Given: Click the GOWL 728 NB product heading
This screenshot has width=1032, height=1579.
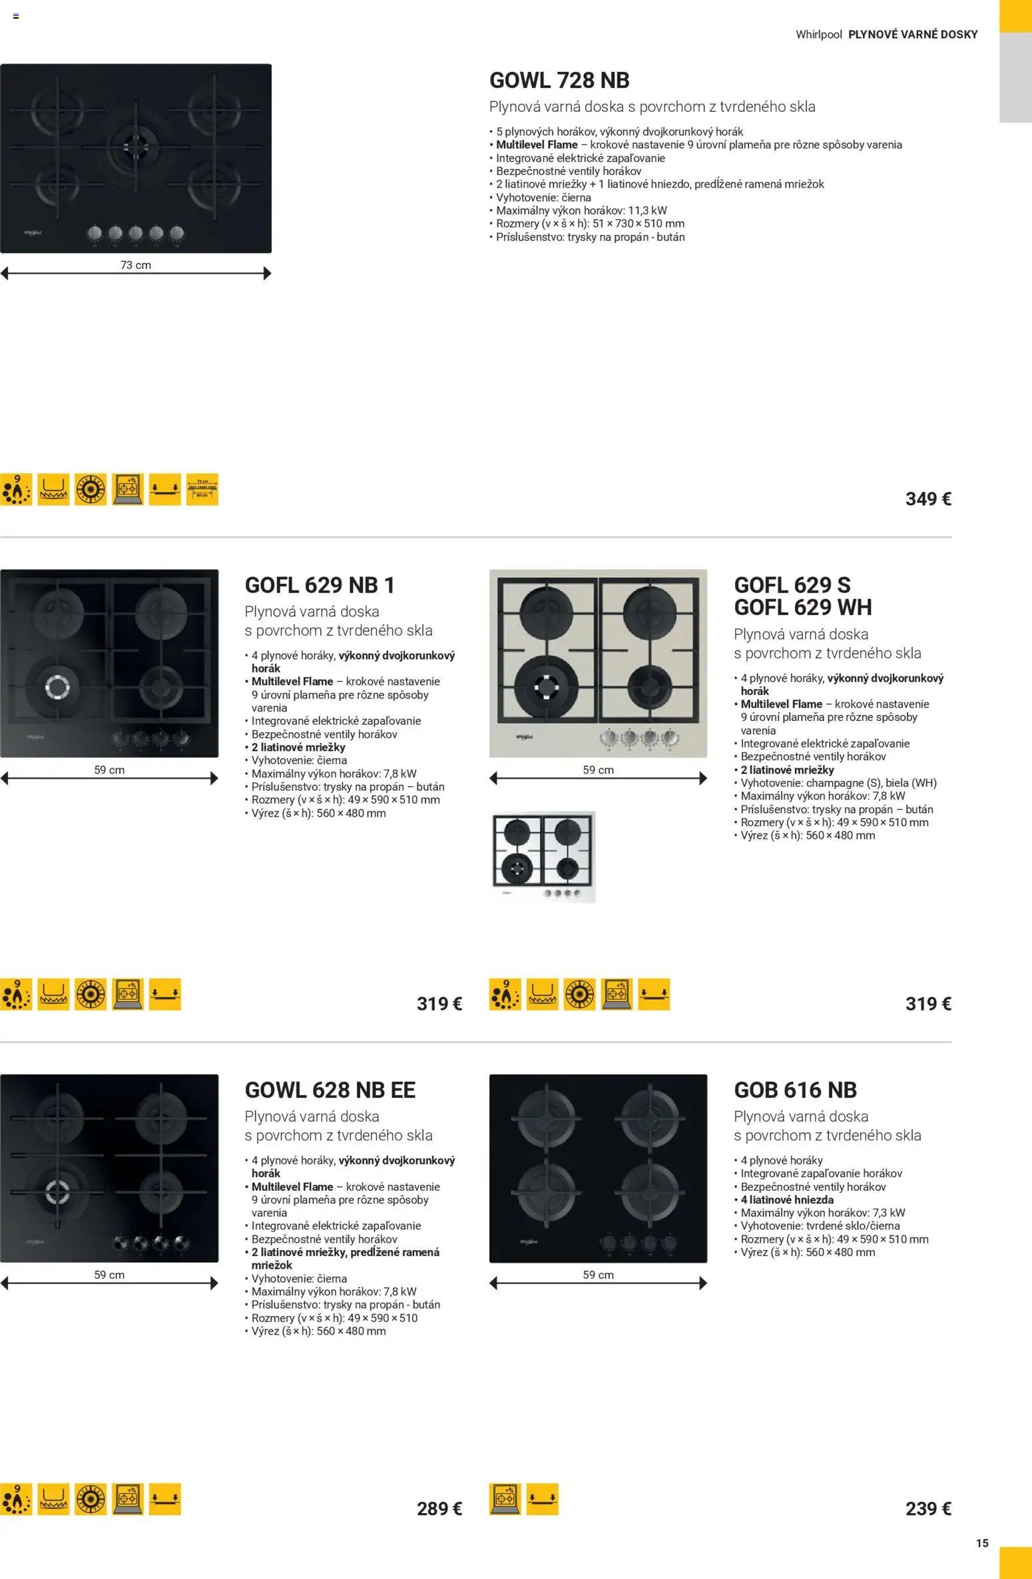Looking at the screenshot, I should [x=559, y=81].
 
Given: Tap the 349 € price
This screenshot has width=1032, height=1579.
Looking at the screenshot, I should [x=927, y=499].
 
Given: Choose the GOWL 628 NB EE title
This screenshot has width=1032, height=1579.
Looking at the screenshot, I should [x=330, y=1090].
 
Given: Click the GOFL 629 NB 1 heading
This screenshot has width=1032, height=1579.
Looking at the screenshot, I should [x=320, y=585].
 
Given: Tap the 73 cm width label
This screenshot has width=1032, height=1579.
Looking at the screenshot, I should [x=136, y=265].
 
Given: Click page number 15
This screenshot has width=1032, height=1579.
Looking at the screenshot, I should [x=982, y=1542].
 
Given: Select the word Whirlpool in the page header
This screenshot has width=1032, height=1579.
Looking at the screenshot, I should [x=818, y=35].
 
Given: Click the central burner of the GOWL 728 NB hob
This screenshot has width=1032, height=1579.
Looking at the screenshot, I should [x=136, y=144].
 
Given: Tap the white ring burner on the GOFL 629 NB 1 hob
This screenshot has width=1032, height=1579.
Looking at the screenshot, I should [x=57, y=687].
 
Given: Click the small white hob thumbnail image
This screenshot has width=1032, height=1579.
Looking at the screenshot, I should [x=543, y=857].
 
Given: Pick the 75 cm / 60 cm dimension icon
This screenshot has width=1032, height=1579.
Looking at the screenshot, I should [x=202, y=489].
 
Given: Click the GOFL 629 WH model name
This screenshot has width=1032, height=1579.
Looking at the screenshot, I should [x=802, y=607].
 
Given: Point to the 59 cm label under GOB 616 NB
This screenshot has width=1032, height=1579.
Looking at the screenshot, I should [x=598, y=1275].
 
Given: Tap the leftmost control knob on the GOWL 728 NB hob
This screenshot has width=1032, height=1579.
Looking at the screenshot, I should [x=95, y=233].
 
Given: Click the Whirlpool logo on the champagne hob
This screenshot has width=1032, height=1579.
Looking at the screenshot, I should [x=525, y=737].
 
